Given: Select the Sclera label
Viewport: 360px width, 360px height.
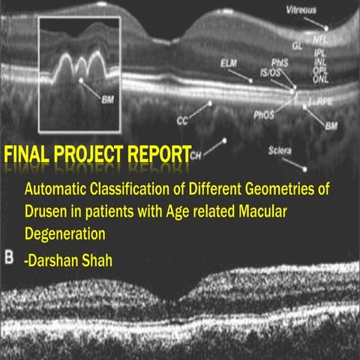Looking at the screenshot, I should [280, 150].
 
